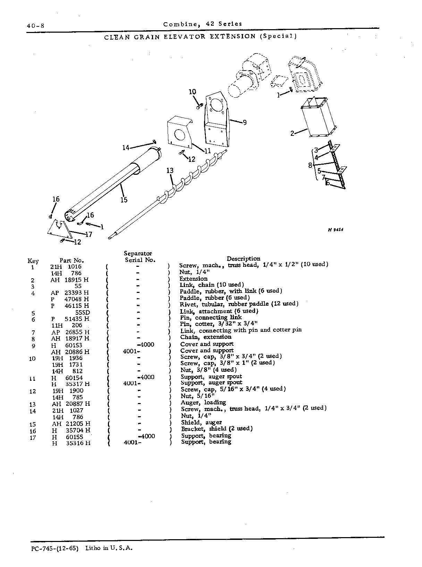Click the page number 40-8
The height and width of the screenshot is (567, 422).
click(x=35, y=26)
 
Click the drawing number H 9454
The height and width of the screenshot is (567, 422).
click(x=335, y=230)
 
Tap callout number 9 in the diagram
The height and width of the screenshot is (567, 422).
click(x=245, y=123)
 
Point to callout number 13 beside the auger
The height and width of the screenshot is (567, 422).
click(x=170, y=171)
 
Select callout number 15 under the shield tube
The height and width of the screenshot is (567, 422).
click(x=124, y=200)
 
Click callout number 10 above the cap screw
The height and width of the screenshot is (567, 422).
click(x=192, y=92)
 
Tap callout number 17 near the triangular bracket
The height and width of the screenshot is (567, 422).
click(x=88, y=235)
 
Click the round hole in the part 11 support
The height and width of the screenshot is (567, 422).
click(x=179, y=135)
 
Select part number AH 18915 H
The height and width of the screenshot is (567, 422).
click(x=69, y=280)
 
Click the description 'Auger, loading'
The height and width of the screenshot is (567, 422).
click(x=203, y=403)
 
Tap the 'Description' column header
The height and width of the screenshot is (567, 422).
click(x=243, y=258)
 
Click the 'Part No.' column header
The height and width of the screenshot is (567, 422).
click(x=72, y=261)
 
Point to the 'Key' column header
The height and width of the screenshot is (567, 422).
click(x=33, y=261)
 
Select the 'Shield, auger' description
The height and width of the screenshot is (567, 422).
click(x=202, y=422)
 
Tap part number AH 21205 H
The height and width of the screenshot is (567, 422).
click(x=71, y=424)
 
